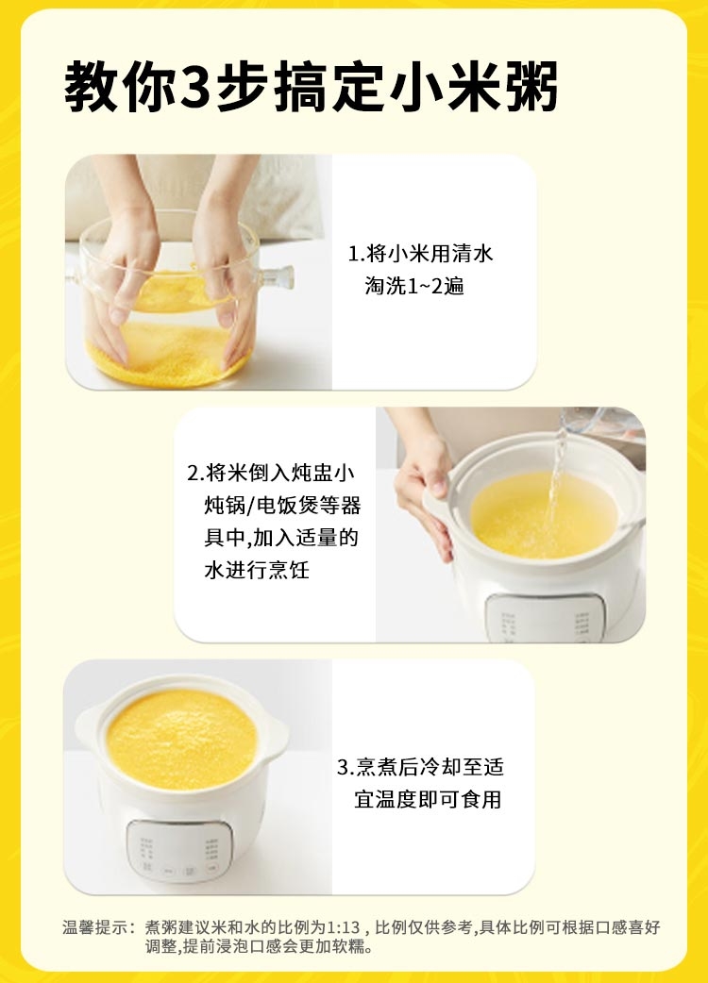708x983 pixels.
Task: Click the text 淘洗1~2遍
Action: click(x=414, y=286)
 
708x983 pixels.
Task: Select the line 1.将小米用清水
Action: click(x=420, y=253)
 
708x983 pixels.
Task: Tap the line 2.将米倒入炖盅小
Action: click(x=271, y=472)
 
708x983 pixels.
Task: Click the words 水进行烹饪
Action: click(x=257, y=570)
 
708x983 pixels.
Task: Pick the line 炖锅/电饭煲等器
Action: click(x=282, y=505)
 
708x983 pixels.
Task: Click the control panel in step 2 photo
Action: click(x=546, y=618)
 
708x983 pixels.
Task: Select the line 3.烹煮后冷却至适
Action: click(x=420, y=767)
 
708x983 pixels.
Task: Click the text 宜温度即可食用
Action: click(x=428, y=799)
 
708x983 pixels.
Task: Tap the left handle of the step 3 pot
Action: click(x=89, y=727)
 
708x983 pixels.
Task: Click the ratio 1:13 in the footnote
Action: click(x=343, y=927)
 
